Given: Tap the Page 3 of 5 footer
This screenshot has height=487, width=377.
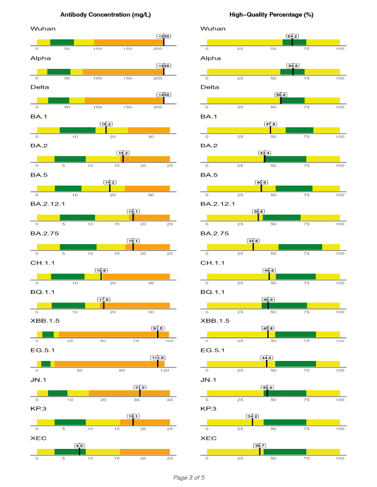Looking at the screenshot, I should [188, 477].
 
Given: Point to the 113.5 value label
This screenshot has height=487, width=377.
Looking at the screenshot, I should [158, 357].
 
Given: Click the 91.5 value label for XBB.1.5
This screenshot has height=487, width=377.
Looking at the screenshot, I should [158, 328].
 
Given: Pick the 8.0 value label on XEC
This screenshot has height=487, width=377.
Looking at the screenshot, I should [79, 445].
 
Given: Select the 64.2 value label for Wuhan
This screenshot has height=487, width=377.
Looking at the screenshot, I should [292, 36].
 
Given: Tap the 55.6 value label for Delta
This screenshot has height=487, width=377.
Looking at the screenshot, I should [281, 95].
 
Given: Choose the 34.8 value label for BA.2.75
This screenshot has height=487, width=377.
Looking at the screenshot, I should [253, 240].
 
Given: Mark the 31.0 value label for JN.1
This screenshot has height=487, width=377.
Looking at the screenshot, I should [140, 387].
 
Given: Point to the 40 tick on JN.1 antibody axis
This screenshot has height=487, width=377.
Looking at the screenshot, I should [169, 400].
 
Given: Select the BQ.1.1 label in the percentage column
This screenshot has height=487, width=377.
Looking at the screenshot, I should [214, 291].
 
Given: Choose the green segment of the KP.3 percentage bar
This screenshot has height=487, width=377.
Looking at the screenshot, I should [285, 422].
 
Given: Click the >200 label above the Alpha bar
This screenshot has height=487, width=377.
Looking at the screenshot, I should [164, 65].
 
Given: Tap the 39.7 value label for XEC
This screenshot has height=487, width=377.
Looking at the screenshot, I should [259, 445].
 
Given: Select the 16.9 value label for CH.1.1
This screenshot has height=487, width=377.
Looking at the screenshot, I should [101, 270].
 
